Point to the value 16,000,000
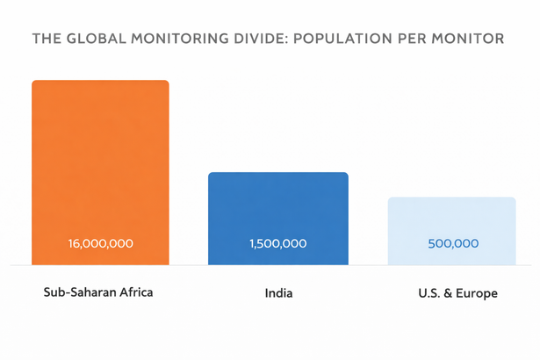pos(100,243)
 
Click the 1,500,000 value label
pos(277,243)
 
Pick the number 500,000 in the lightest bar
pos(453,243)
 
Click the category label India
pos(278,293)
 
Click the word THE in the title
pos(47,40)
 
